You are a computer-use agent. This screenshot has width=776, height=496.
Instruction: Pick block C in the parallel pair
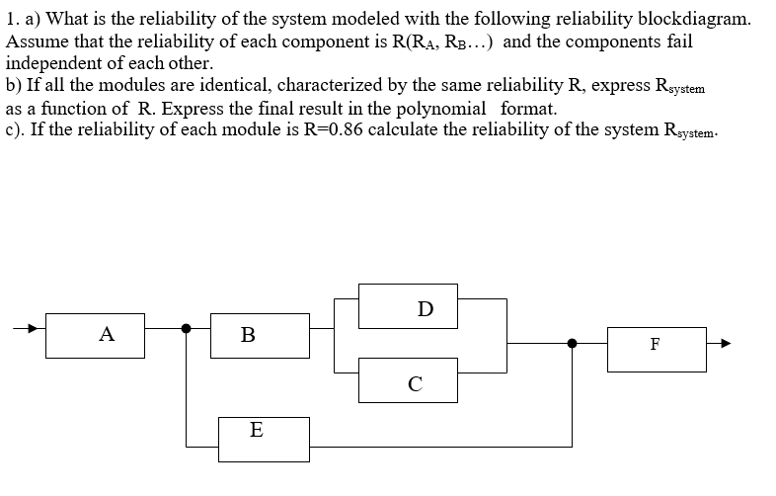click(416, 380)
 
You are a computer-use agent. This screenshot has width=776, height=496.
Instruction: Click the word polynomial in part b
click(441, 110)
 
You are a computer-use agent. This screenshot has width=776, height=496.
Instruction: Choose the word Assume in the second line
click(36, 41)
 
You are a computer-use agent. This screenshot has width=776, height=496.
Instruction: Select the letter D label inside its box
click(425, 308)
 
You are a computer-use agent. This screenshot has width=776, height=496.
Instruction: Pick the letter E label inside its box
click(257, 431)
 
